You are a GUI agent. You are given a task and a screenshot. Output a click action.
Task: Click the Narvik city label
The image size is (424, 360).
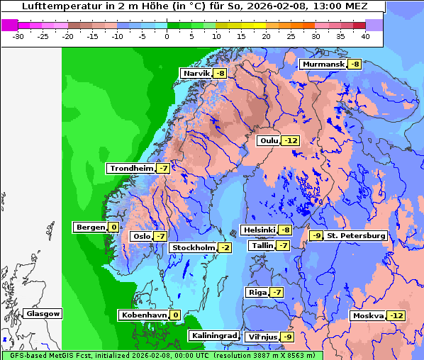[197, 73]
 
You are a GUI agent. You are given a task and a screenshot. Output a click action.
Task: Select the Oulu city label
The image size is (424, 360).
[269, 140]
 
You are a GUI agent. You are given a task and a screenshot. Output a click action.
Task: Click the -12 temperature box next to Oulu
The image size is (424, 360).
[291, 140]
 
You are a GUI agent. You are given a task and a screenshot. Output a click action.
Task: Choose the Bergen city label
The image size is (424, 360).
[89, 227]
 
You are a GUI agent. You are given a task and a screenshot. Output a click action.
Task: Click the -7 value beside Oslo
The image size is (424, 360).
[160, 236]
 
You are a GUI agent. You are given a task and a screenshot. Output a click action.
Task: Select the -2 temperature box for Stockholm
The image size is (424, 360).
[225, 247]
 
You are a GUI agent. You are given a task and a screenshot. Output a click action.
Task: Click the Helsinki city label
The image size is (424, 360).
[259, 230]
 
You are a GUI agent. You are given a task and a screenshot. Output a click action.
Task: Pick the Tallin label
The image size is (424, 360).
[262, 245]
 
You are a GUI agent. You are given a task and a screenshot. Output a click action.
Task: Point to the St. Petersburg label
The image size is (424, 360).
[356, 235]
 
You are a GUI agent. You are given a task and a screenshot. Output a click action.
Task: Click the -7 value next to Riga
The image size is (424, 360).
[277, 292]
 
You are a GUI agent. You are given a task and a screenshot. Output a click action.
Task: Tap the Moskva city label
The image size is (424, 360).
[368, 315]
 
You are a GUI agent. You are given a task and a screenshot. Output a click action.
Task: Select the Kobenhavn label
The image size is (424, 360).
[143, 315]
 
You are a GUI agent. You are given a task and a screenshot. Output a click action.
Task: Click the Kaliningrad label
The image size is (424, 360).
[213, 336]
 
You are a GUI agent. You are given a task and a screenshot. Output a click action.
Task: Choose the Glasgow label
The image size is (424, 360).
[43, 313]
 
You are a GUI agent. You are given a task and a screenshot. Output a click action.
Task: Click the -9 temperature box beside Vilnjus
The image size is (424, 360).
[286, 336]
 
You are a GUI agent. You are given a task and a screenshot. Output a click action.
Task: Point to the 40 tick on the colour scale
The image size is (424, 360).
[365, 35]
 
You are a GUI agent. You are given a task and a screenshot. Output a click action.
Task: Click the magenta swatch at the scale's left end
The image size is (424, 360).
[10, 25]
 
